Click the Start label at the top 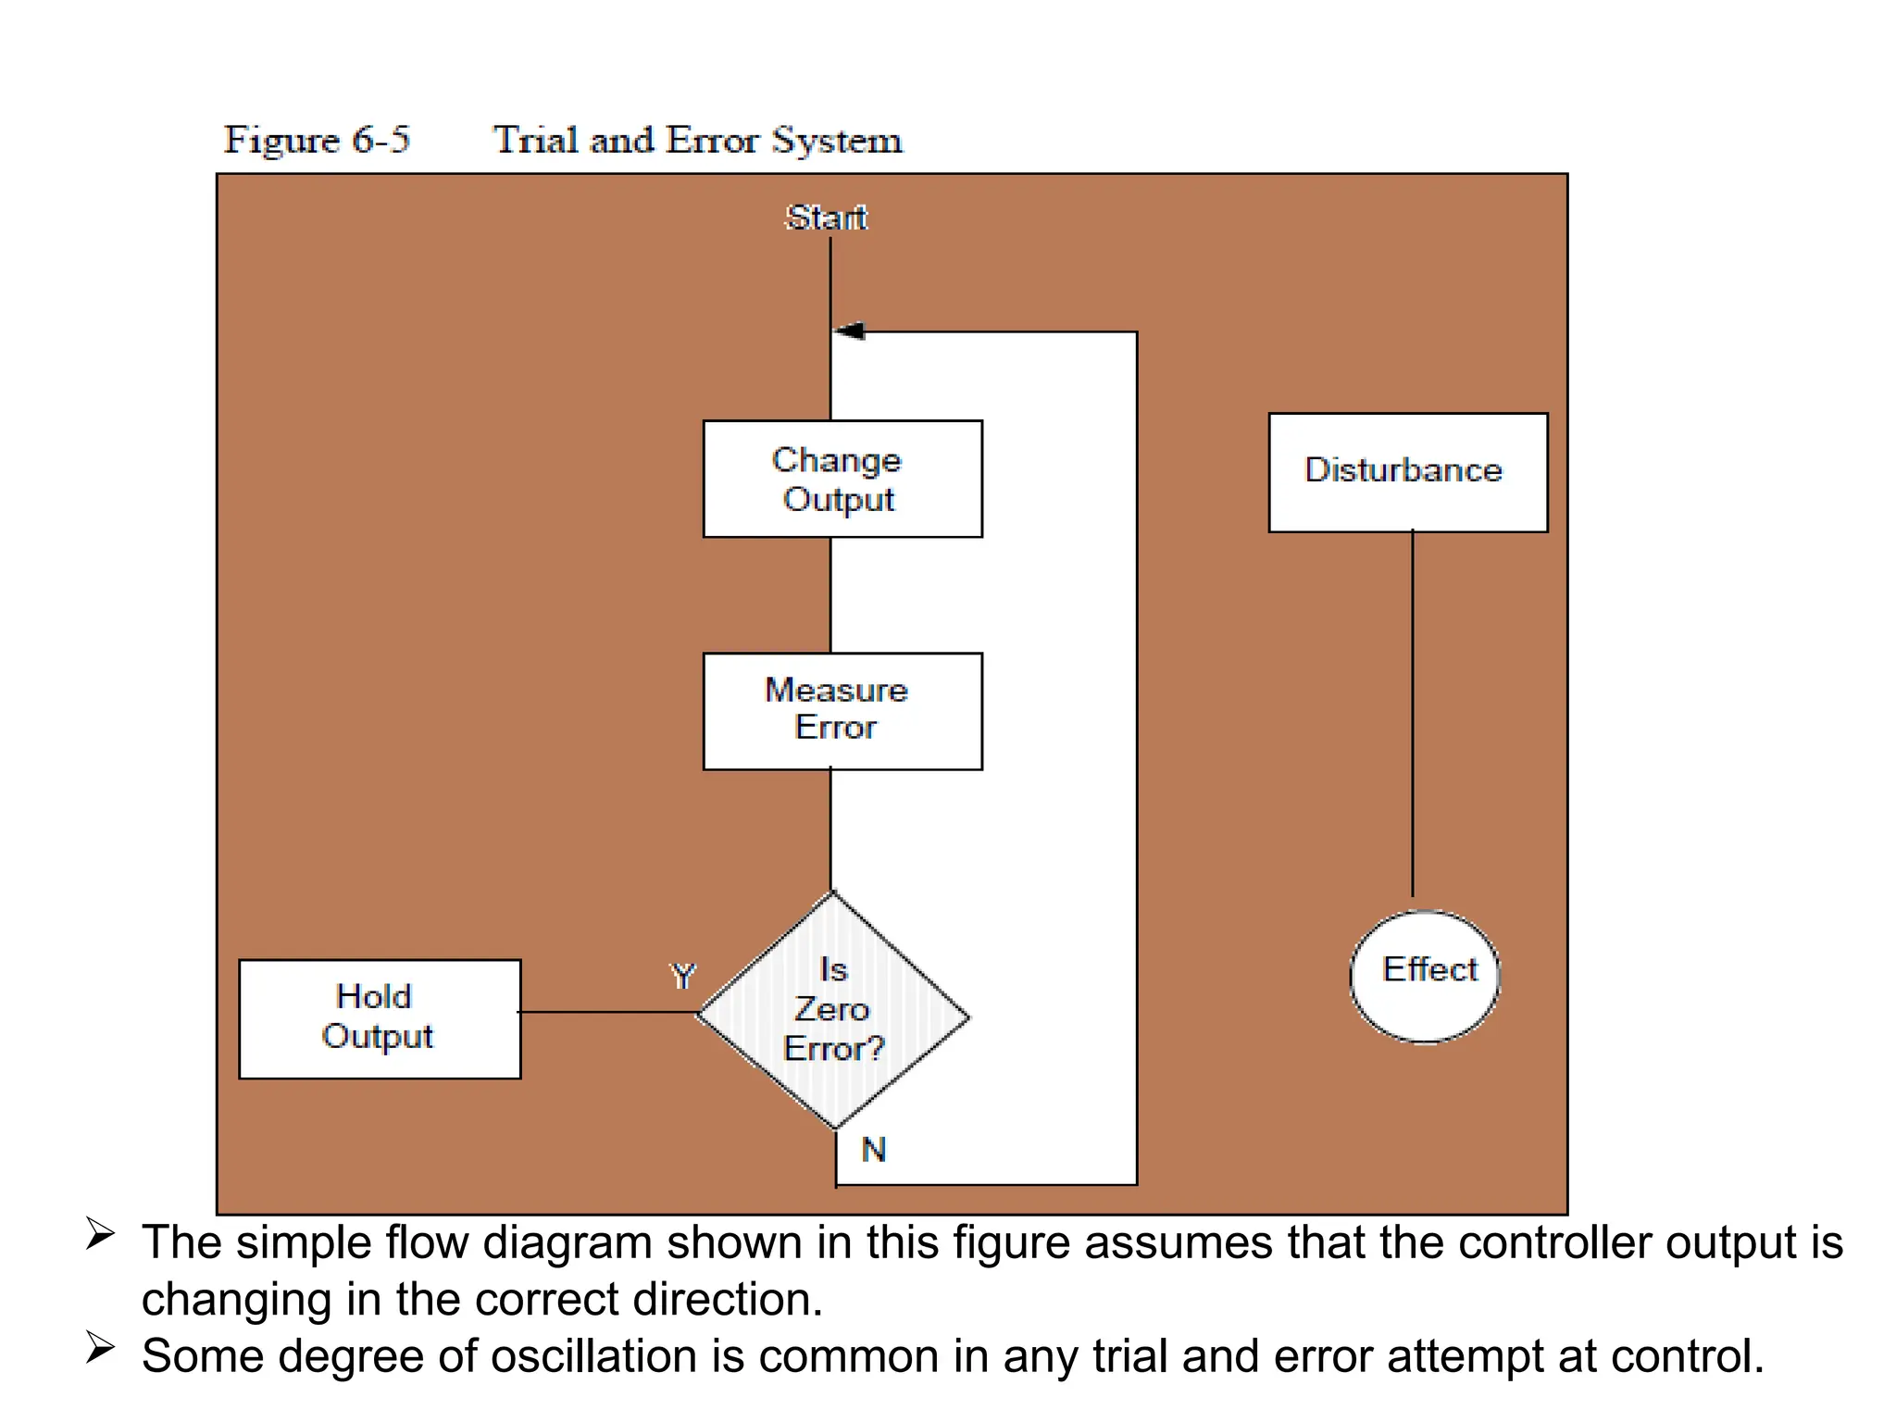[x=826, y=218]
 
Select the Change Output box [x=842, y=479]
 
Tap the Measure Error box [x=842, y=711]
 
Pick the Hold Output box [x=380, y=1018]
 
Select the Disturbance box [x=1407, y=472]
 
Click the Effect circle [x=1425, y=977]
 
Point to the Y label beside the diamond [x=683, y=976]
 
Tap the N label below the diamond [x=873, y=1150]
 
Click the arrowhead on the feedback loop [x=850, y=331]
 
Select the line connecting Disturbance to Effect [x=1413, y=713]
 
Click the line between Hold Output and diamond [x=606, y=1012]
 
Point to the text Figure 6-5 [x=317, y=141]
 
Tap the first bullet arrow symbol [x=100, y=1234]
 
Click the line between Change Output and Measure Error [x=830, y=594]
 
